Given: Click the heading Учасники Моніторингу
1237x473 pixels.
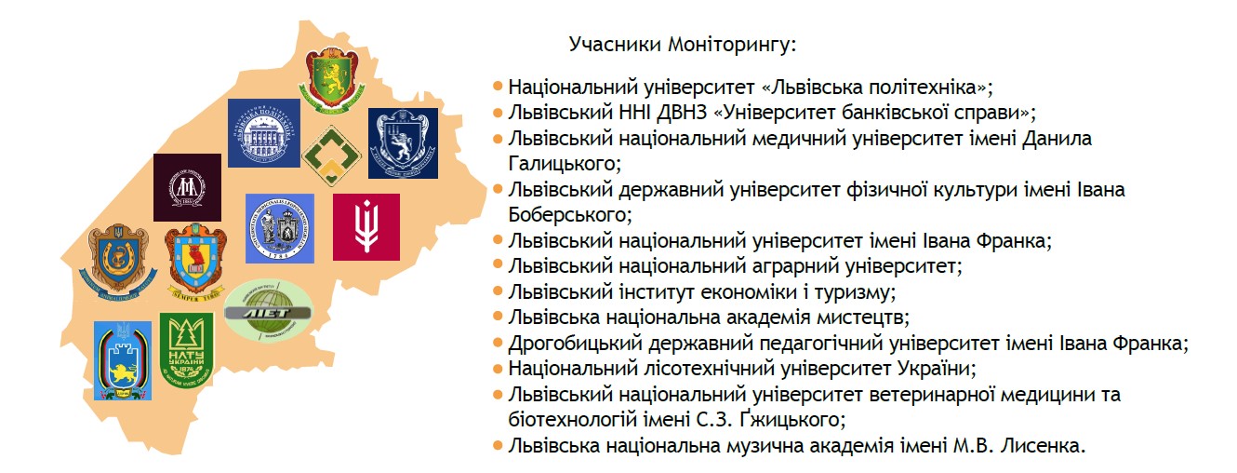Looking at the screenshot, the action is (x=683, y=44).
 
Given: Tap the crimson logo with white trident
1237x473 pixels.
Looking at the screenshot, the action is (x=366, y=226).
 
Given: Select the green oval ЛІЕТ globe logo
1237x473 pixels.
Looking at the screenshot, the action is (x=269, y=310).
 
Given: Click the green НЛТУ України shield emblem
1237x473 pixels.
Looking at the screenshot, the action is (x=186, y=348).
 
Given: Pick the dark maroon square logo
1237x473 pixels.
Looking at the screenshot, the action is (x=187, y=187).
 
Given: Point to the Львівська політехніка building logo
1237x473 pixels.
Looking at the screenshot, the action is (x=264, y=133).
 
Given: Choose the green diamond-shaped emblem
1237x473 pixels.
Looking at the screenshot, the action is (x=331, y=155).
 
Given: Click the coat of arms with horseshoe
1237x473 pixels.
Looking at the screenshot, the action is (x=119, y=258).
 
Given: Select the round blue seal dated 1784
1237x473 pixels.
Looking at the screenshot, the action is (x=279, y=228).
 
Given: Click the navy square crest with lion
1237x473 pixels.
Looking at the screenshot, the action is (x=403, y=143).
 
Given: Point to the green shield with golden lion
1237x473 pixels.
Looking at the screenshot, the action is (x=331, y=80).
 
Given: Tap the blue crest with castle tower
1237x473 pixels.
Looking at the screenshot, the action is (x=123, y=361).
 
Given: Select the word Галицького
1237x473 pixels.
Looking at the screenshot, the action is (x=565, y=164).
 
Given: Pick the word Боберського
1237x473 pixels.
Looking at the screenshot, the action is (x=570, y=214).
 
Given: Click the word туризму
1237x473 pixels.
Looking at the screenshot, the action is (x=855, y=291).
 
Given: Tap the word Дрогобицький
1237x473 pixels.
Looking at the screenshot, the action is (x=575, y=344).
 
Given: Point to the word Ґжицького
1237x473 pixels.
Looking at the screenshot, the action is (x=791, y=419).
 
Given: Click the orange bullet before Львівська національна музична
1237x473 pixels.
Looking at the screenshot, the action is (x=498, y=445).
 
